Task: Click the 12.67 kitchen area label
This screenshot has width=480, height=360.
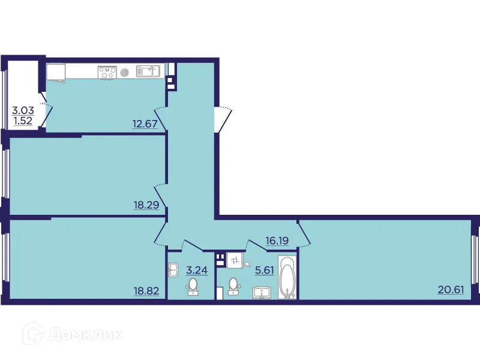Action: point(144,125)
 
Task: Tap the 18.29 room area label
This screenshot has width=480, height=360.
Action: point(146,205)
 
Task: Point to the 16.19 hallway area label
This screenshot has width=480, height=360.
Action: point(278,241)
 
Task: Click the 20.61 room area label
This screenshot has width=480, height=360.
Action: point(451,290)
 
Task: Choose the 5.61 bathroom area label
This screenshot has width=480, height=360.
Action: point(264,270)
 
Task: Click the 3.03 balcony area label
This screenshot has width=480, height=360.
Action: point(23,110)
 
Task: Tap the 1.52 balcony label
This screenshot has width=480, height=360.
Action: point(23,121)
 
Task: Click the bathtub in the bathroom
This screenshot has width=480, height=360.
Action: point(288,278)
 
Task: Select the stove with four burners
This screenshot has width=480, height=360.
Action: point(107,72)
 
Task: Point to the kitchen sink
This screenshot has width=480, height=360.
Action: point(148,71)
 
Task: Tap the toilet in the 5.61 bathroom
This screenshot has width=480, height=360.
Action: point(233,286)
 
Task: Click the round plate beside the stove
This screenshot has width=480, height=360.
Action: point(125,72)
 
